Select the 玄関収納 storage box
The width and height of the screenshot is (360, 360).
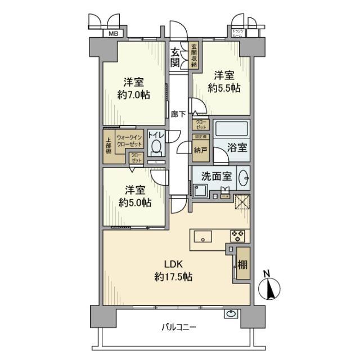[x=193, y=56]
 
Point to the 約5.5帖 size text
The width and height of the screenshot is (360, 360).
[x=224, y=88]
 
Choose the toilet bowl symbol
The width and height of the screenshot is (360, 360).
[x=156, y=147]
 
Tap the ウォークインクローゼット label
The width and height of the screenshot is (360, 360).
[x=128, y=141]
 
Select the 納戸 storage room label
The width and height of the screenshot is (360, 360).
[x=200, y=150]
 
